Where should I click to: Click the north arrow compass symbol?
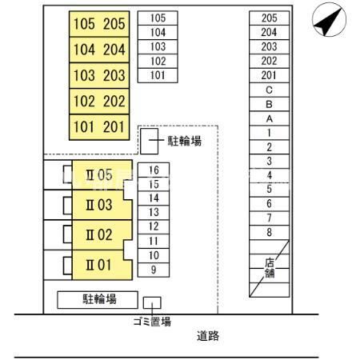tap(329, 19)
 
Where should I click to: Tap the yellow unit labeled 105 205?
tap(99, 24)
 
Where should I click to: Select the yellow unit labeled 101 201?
tap(99, 127)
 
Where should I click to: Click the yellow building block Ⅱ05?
tap(102, 174)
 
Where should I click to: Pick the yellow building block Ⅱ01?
tap(102, 265)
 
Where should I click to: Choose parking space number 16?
tap(154, 170)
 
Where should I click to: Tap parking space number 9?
tap(154, 270)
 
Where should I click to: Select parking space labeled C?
tap(270, 90)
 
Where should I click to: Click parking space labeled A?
tap(270, 118)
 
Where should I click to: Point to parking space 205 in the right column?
tap(270, 18)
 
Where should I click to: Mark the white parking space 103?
tap(158, 46)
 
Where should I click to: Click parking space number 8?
tap(270, 232)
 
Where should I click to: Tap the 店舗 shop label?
tap(270, 268)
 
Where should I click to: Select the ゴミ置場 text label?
tap(152, 322)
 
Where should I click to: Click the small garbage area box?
tap(152, 302)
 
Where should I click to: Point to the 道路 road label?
tap(208, 336)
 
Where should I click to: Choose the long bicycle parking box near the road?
tap(98, 300)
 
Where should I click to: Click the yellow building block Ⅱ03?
tap(102, 205)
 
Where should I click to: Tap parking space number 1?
tap(270, 133)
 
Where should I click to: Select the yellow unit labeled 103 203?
tap(99, 75)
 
